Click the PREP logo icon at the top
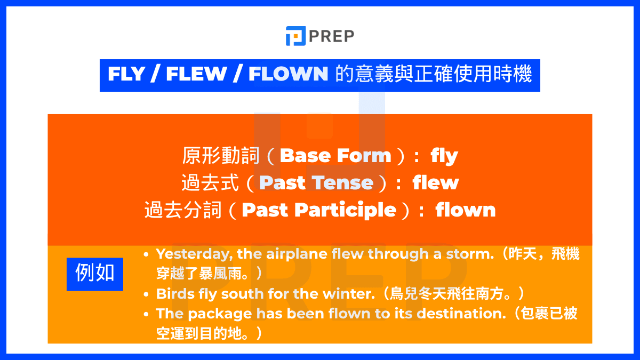tap(295, 36)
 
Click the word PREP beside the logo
tap(331, 36)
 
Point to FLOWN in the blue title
tap(288, 75)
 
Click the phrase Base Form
tap(335, 156)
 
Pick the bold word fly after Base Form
tap(444, 156)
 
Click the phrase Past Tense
tap(316, 183)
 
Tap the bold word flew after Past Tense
tap(435, 183)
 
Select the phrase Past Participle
tap(319, 210)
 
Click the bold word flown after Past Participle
tap(466, 210)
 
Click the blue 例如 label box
tap(95, 274)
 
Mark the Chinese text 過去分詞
tap(183, 210)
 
